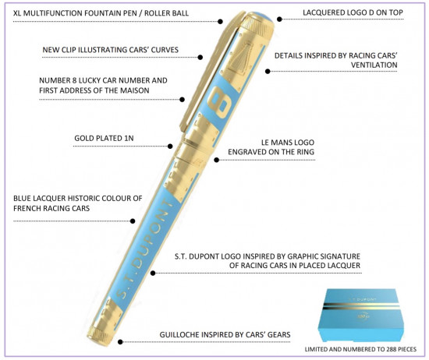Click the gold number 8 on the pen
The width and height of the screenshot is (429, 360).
(220, 101)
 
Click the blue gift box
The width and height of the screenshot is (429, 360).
(361, 315)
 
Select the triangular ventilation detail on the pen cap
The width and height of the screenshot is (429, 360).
(240, 58)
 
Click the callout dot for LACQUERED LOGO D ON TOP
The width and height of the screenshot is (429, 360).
(279, 19)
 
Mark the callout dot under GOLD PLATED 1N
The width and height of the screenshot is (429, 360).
(170, 146)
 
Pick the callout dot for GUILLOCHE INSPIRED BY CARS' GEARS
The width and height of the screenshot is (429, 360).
(120, 341)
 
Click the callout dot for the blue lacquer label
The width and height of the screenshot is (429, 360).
(133, 221)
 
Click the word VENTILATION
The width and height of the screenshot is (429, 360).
(374, 65)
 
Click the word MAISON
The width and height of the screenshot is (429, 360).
(135, 90)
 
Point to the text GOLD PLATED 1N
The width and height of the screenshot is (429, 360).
(104, 138)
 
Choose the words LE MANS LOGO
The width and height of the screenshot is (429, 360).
(288, 143)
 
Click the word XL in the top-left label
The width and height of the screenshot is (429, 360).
(17, 12)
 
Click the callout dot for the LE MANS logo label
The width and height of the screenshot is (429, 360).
(217, 160)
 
